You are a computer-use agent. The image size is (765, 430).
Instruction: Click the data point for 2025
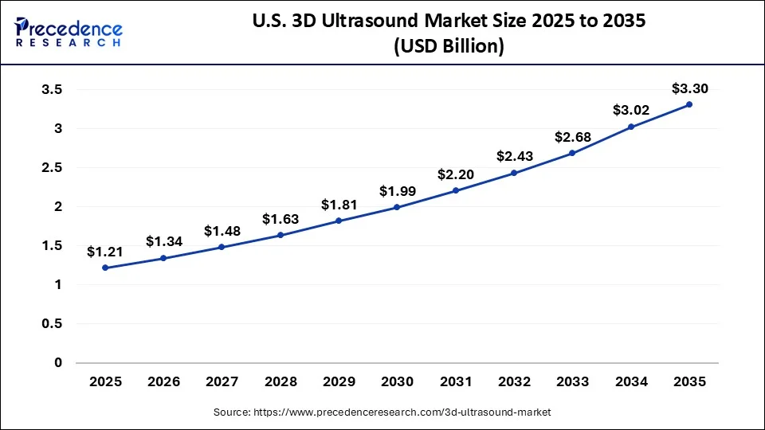(x=105, y=268)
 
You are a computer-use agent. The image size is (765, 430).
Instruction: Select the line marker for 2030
(x=397, y=207)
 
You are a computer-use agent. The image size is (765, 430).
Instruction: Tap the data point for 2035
(x=689, y=104)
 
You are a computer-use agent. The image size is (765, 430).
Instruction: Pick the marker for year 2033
(x=572, y=153)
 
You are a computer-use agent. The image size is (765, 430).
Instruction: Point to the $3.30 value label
(x=689, y=88)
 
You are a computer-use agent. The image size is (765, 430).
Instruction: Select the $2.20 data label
(x=455, y=174)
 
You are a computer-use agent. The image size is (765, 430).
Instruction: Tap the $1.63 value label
(x=280, y=219)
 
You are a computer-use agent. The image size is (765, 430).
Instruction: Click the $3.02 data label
(x=630, y=110)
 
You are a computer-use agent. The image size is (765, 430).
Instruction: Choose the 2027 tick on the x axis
(x=222, y=382)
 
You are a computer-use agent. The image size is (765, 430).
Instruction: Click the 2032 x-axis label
(x=514, y=382)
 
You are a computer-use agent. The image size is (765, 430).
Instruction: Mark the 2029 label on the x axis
(x=339, y=382)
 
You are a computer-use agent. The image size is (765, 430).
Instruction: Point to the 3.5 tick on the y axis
(x=52, y=89)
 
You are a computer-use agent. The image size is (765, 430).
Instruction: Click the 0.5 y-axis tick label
(x=52, y=324)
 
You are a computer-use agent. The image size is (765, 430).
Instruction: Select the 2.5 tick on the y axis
(x=52, y=167)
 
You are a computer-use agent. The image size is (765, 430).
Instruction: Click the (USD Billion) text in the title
(x=449, y=46)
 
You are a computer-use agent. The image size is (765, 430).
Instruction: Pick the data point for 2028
(x=280, y=235)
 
